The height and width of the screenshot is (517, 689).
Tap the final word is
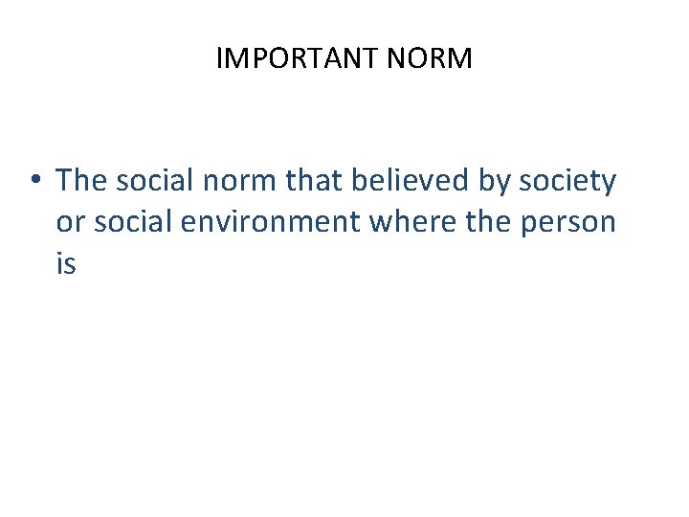65,263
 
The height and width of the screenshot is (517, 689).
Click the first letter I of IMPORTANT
220,59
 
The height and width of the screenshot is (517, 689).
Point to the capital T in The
63,179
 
